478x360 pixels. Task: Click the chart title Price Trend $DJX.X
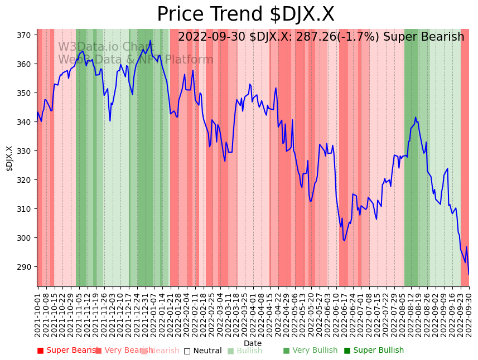click(x=245, y=14)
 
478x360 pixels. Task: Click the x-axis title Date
click(x=253, y=344)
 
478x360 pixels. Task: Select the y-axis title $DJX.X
click(x=9, y=158)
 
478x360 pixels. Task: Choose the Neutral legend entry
click(x=203, y=351)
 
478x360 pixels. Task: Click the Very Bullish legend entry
click(x=310, y=351)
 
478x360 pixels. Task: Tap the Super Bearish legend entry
click(x=68, y=351)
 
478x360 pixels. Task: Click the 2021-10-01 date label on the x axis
click(x=38, y=313)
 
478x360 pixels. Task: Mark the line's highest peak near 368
click(x=150, y=41)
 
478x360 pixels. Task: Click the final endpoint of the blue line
click(x=469, y=274)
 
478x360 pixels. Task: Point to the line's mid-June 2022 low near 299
click(x=344, y=241)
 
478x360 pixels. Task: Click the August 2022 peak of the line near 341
click(x=415, y=118)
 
